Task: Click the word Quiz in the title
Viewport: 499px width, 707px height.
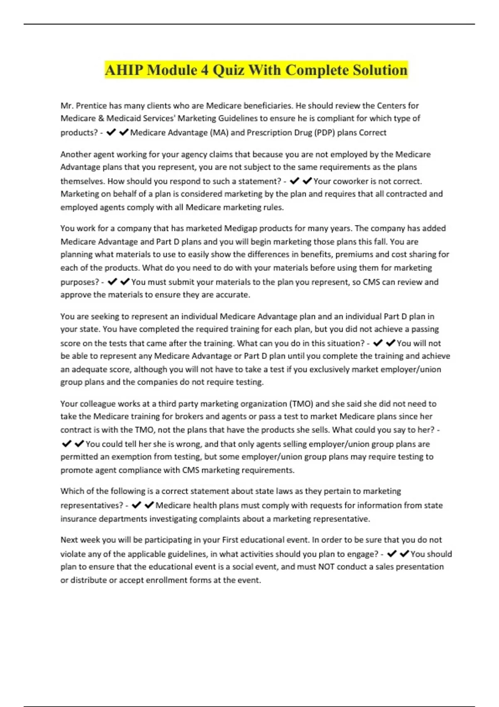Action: point(228,70)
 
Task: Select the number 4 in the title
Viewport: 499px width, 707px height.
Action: point(204,70)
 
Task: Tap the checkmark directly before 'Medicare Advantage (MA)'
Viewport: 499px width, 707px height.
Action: point(124,133)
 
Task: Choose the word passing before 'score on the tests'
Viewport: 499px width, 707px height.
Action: point(424,329)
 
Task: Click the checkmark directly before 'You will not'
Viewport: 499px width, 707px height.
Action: point(390,344)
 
